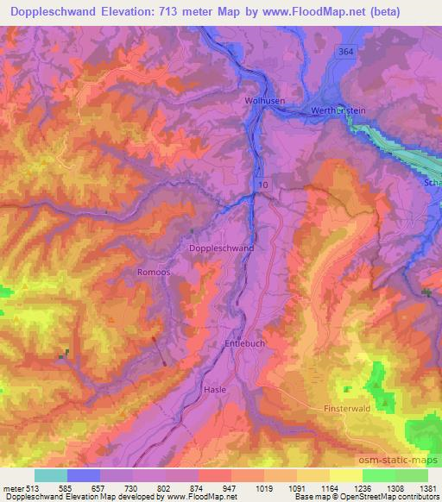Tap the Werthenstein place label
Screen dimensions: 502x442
click(x=337, y=111)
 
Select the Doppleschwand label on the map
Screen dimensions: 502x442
click(x=221, y=248)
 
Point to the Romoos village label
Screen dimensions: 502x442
click(x=152, y=271)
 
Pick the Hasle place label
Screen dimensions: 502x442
click(x=215, y=390)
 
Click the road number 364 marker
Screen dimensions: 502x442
click(x=346, y=52)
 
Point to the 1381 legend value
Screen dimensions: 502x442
click(x=426, y=487)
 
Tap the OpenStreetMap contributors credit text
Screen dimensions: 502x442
click(x=380, y=498)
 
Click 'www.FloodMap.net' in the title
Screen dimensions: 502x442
click(x=336, y=12)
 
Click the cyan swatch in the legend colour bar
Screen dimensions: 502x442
click(x=51, y=475)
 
